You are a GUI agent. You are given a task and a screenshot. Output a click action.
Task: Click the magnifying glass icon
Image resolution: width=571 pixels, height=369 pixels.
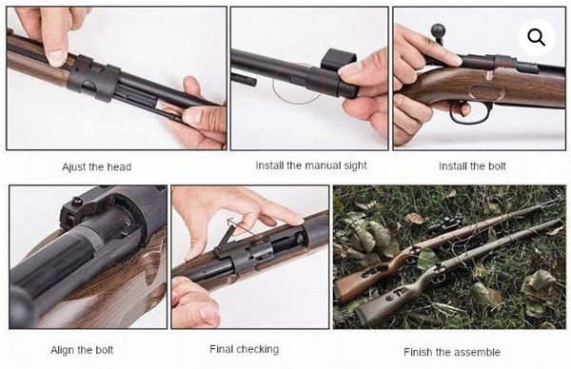pyautogui.click(x=537, y=38)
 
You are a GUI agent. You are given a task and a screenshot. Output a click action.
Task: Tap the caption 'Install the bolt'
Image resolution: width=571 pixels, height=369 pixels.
pyautogui.click(x=472, y=166)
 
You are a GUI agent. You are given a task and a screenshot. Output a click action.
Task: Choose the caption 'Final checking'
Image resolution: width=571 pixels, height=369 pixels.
pyautogui.click(x=244, y=349)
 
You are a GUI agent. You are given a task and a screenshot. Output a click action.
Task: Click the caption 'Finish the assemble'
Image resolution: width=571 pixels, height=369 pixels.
pyautogui.click(x=450, y=351)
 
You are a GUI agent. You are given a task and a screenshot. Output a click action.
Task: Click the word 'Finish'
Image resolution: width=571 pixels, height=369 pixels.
pyautogui.click(x=420, y=351)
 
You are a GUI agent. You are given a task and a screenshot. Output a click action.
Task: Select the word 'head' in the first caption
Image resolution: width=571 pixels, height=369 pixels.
pyautogui.click(x=119, y=166)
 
